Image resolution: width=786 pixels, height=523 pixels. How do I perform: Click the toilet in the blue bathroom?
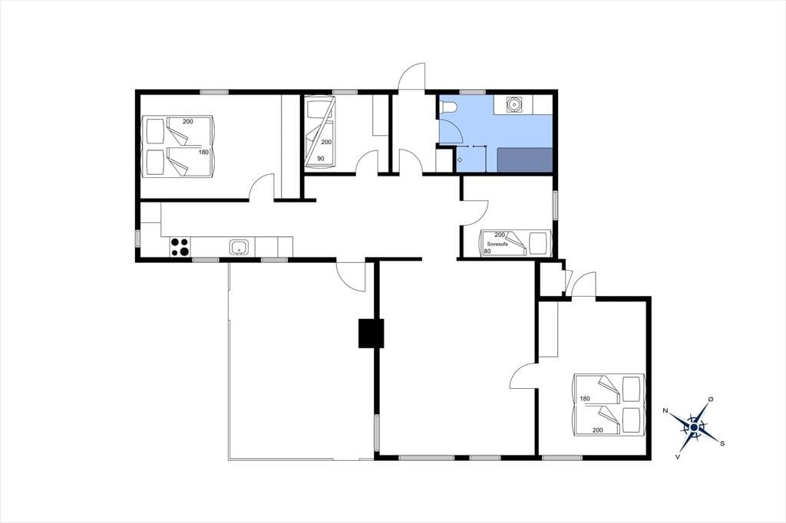tap(447, 107)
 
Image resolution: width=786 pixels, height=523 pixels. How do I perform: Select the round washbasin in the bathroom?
tap(514, 104)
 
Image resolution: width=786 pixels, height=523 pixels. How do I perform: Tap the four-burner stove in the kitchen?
tap(180, 247)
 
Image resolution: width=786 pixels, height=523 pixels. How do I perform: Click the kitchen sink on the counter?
tap(239, 247)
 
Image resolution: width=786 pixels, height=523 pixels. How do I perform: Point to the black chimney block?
tap(371, 334)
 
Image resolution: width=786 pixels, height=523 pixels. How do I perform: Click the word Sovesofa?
tap(497, 244)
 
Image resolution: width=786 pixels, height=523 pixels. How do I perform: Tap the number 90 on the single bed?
tap(320, 158)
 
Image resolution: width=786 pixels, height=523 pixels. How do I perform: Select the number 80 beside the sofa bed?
tap(487, 251)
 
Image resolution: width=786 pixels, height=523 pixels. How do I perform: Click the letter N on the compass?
tap(665, 411)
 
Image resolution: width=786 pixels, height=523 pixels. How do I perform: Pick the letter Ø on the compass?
tap(710, 399)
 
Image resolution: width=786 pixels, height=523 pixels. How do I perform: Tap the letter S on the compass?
tap(722, 443)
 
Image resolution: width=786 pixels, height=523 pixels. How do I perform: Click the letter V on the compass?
tap(678, 456)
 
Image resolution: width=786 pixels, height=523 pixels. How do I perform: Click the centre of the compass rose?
tap(694, 427)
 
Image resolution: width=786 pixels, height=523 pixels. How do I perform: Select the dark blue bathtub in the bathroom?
tap(525, 160)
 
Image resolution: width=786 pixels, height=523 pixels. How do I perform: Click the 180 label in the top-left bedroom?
tap(203, 152)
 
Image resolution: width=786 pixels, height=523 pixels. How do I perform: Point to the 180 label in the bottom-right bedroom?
tap(584, 399)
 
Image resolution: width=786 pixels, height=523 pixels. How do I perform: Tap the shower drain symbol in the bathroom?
tap(460, 160)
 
